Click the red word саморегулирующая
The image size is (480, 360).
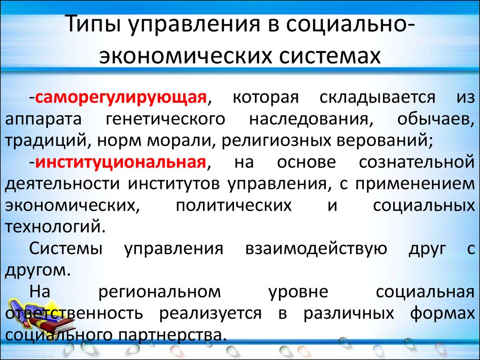coord(120,98)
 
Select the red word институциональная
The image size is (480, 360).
coord(120,163)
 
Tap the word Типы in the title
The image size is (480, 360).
coord(93,24)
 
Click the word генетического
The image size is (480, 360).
coord(165,120)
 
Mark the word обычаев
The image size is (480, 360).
coord(434,120)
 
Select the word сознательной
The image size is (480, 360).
coord(417,163)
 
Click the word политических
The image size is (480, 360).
coord(234,205)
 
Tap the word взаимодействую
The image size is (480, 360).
coord(316,248)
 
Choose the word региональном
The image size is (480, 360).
coord(159,292)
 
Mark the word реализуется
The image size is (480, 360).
coord(210,313)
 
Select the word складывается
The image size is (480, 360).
coord(377,98)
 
